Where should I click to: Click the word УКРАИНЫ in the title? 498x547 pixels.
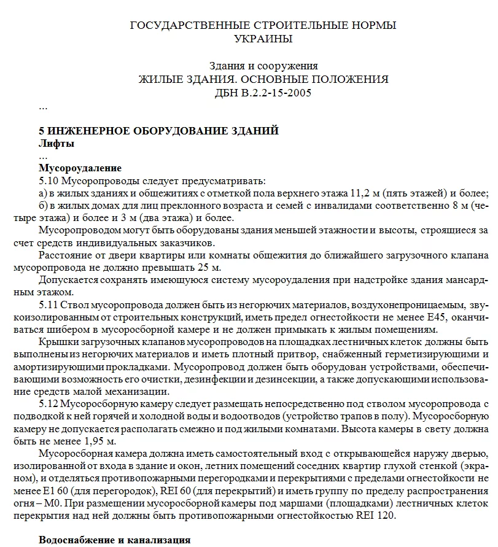click(x=263, y=39)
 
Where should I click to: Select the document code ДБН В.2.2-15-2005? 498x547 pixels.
click(x=263, y=93)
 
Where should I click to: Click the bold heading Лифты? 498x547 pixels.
click(x=56, y=144)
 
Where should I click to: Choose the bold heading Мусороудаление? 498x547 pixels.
click(x=80, y=168)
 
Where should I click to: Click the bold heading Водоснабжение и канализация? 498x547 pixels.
click(x=114, y=541)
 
